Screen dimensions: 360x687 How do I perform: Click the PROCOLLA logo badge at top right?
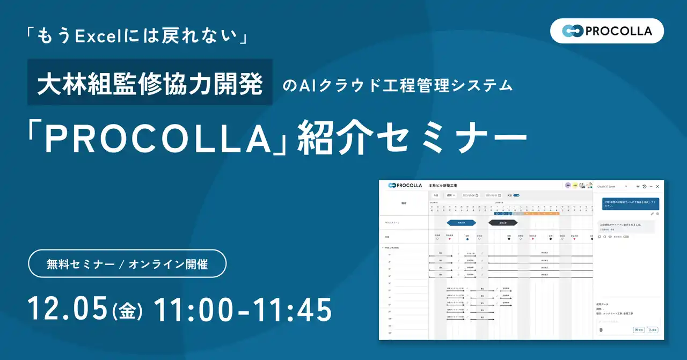click(x=607, y=31)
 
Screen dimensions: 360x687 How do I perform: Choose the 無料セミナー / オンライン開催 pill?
click(x=127, y=263)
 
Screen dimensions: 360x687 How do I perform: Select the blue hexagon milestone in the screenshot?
click(x=461, y=222)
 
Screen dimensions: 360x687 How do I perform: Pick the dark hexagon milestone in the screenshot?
click(x=503, y=222)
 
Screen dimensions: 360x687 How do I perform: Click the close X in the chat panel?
click(x=657, y=186)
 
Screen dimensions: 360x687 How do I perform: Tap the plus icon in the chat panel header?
click(x=638, y=186)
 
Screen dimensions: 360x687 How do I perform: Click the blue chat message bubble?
click(x=630, y=204)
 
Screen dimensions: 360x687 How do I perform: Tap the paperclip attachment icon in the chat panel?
click(x=601, y=329)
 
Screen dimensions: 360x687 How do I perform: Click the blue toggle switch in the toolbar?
click(x=516, y=195)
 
